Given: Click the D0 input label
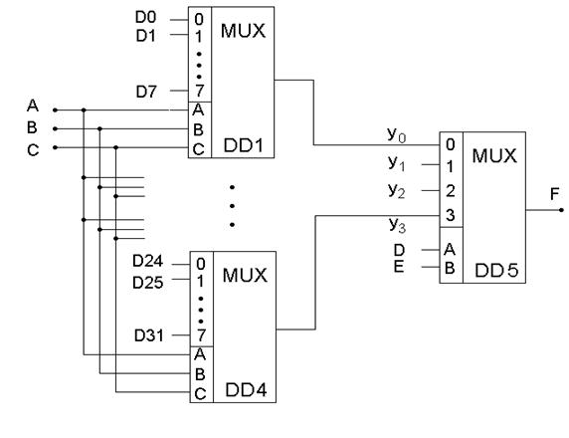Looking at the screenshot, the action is pos(146,17).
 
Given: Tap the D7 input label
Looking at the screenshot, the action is pos(146,92).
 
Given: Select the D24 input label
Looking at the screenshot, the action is pos(147,261).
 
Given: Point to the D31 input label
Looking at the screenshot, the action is pos(149,335).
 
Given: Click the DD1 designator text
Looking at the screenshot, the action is pos(244,145).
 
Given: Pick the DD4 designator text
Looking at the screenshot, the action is pos(246,390).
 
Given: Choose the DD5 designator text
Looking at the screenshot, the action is pos(496,270).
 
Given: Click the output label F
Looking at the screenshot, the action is pos(554,194).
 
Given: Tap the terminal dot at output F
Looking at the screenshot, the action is pos(561,210).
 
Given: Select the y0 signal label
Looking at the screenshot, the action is pos(396,134).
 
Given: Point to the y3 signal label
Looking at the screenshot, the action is pos(397,225).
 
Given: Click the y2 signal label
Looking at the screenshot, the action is pos(396,191).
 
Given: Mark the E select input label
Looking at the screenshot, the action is pos(399,267).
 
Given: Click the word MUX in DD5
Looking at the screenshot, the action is pos(494,156).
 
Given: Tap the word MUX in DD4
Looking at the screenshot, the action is pos(245,276).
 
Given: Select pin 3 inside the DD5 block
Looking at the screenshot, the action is pos(450,215).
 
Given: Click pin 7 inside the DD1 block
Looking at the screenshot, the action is pos(199,91).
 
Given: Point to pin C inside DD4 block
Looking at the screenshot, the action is pos(200,394).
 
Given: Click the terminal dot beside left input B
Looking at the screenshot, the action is pos(55,129).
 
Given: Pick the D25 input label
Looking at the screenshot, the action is pos(147,283).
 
